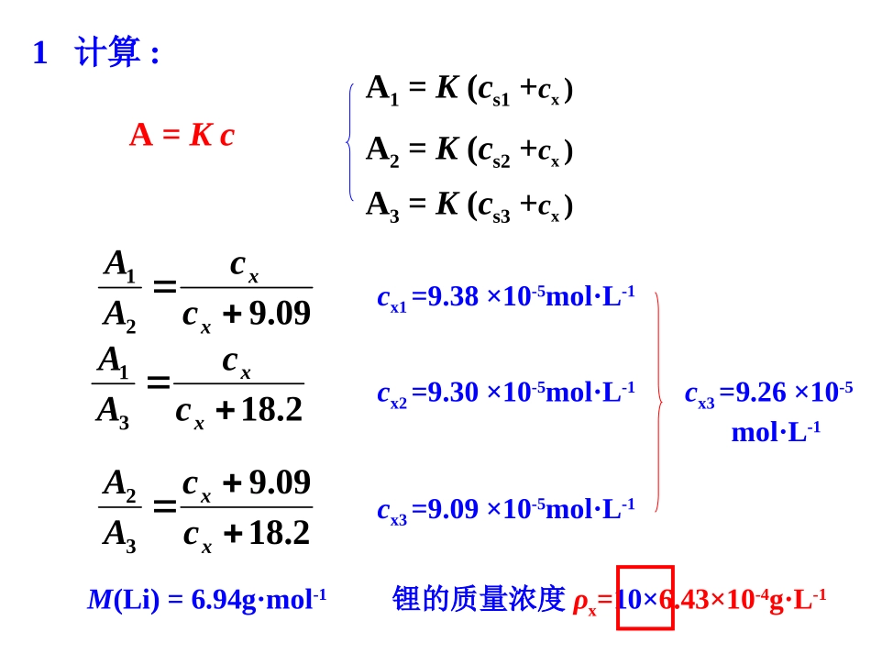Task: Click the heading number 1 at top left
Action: tap(39, 53)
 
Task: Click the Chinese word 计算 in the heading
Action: tap(107, 52)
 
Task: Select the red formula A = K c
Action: tap(182, 136)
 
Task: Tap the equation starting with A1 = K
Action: tap(469, 89)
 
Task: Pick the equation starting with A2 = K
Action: tap(469, 150)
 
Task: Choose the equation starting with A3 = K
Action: tap(469, 205)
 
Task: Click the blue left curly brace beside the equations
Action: tap(350, 142)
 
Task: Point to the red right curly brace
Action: tap(658, 402)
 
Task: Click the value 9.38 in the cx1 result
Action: tap(453, 296)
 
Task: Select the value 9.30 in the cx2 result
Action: tap(453, 393)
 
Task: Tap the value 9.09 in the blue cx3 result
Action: tap(453, 508)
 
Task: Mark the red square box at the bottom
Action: tap(645, 598)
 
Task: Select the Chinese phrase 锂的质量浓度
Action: tap(479, 599)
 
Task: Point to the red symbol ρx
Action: tap(584, 602)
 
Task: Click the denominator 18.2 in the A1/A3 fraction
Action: tap(271, 409)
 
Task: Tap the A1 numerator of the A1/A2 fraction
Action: tap(120, 264)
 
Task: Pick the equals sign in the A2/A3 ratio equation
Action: tap(165, 505)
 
